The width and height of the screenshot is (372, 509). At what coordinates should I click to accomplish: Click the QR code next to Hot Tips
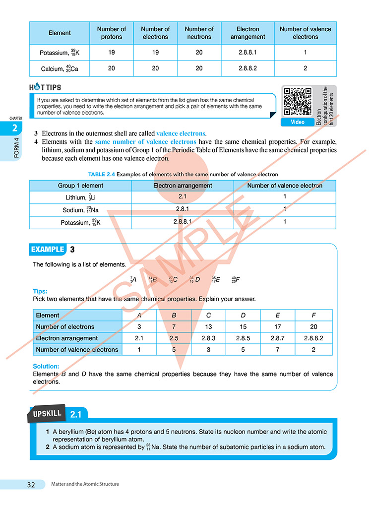coord(297,102)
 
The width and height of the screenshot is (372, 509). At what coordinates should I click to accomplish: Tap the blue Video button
coord(297,122)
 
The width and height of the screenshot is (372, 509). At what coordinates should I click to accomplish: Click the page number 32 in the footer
coord(31,485)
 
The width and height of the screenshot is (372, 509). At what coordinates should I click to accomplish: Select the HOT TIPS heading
coord(45,87)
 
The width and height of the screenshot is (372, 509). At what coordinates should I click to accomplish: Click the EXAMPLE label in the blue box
coord(48,250)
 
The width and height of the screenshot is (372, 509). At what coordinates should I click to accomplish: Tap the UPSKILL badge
coord(48,414)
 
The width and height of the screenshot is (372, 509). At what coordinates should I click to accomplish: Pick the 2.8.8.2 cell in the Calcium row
coord(248,68)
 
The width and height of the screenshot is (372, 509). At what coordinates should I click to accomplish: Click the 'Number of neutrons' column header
coord(199,33)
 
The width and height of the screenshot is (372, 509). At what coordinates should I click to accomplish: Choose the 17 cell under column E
coord(278,327)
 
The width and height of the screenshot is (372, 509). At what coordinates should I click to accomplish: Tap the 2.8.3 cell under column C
coord(208,338)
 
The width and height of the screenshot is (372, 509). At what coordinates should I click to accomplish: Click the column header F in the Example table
coord(313,315)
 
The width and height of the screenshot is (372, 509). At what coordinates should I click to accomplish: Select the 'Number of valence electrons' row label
coord(77,350)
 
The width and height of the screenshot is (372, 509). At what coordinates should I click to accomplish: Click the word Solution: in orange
coord(46,367)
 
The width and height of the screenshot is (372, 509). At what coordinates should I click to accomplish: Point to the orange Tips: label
coord(40,291)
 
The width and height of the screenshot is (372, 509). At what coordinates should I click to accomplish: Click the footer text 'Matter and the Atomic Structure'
coord(85,484)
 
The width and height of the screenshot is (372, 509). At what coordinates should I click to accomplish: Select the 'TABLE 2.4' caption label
coord(102,174)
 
